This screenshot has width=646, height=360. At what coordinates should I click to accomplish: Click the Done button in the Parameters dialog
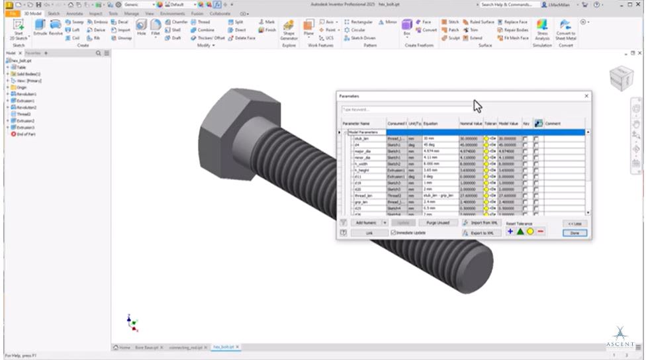point(574,233)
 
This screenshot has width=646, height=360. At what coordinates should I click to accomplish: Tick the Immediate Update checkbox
point(394,233)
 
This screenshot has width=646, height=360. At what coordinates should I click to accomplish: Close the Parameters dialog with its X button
point(586,97)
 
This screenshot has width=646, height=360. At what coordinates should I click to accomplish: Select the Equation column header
point(439,124)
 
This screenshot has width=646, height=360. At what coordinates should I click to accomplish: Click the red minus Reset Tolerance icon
point(540,232)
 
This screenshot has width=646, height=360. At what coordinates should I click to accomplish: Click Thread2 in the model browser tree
point(24,114)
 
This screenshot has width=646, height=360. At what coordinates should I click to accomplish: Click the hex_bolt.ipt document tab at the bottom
point(225,347)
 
